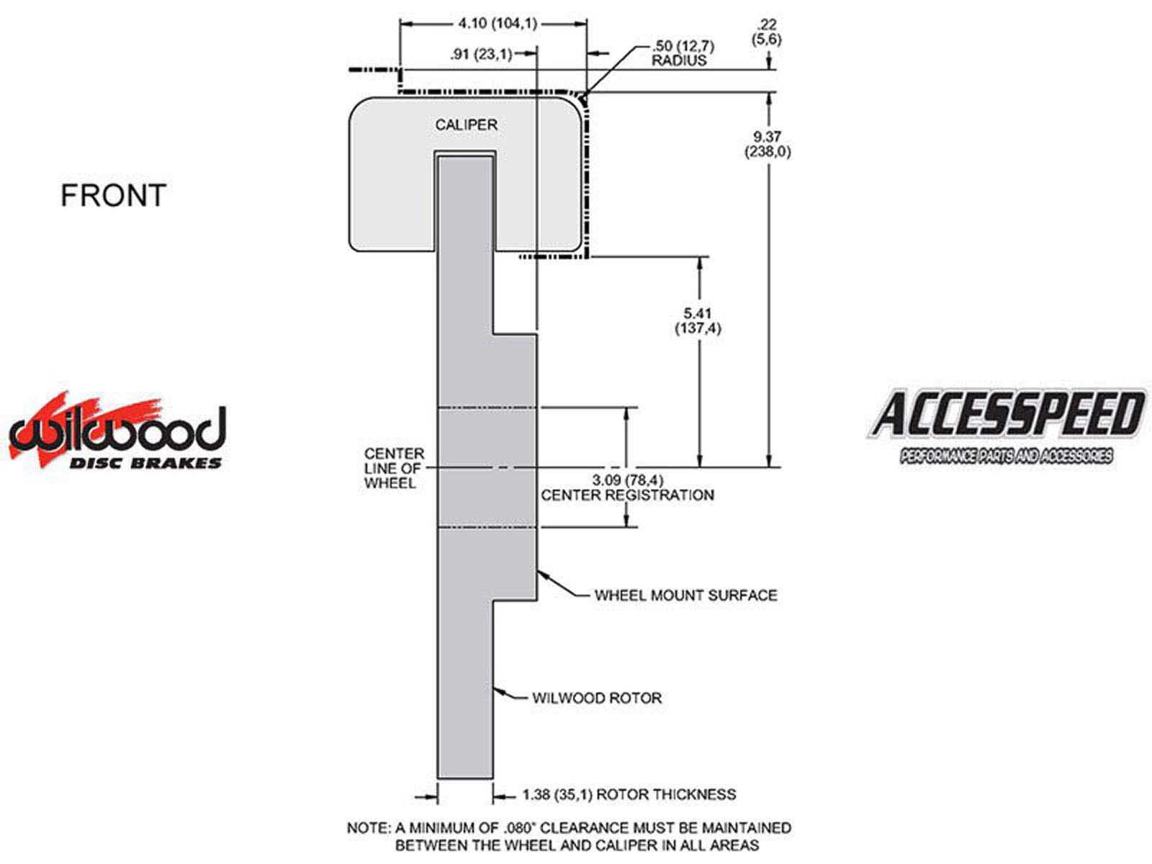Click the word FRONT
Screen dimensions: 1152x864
[113, 195]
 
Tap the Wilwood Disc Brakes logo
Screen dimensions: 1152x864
[117, 431]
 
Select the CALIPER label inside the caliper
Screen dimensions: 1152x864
[466, 125]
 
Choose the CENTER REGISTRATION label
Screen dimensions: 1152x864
[627, 495]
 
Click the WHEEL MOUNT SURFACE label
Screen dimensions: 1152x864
[685, 595]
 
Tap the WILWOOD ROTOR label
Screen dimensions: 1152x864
[597, 698]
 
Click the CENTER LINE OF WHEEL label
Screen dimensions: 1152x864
[394, 468]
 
